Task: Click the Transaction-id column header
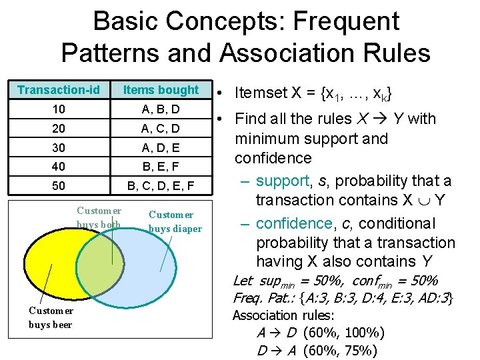[59, 90]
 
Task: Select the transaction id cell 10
[59, 109]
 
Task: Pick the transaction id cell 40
[59, 166]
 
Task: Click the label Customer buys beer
[51, 317]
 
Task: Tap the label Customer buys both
[99, 218]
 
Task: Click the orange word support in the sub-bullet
[283, 181]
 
